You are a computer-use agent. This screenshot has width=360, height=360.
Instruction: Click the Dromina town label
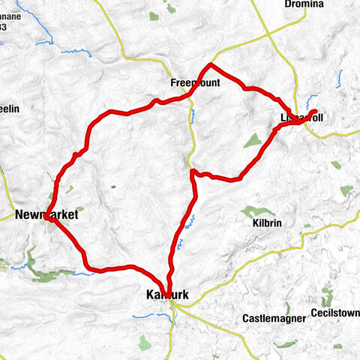(x=303, y=4)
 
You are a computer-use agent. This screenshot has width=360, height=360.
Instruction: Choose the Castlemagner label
(x=274, y=318)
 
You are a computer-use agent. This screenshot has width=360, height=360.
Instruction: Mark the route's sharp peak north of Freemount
(x=211, y=65)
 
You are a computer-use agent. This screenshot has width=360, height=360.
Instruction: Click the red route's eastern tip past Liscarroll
(x=315, y=112)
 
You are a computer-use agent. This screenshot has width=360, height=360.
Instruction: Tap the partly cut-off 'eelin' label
(x=9, y=109)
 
